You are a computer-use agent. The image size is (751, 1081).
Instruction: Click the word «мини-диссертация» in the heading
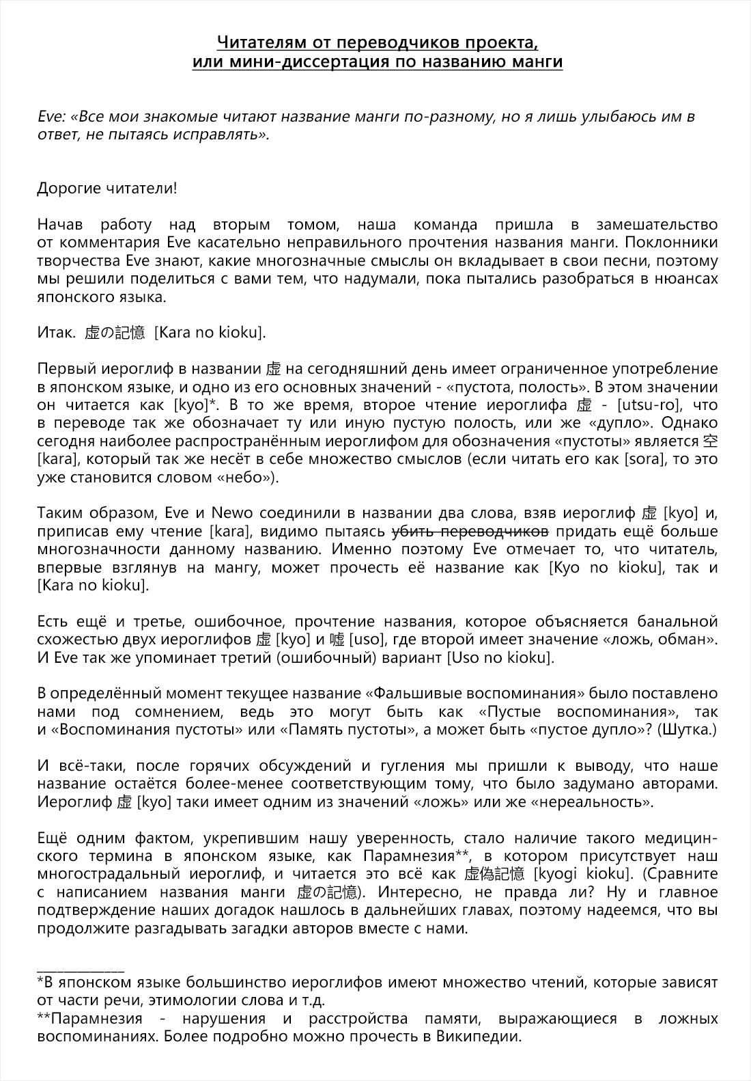310,62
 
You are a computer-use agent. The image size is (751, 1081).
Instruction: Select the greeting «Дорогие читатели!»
107,189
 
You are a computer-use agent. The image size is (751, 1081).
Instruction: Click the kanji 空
710,441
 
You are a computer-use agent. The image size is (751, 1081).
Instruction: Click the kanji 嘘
337,640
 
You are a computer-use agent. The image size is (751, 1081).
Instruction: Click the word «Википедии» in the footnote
481,1037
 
